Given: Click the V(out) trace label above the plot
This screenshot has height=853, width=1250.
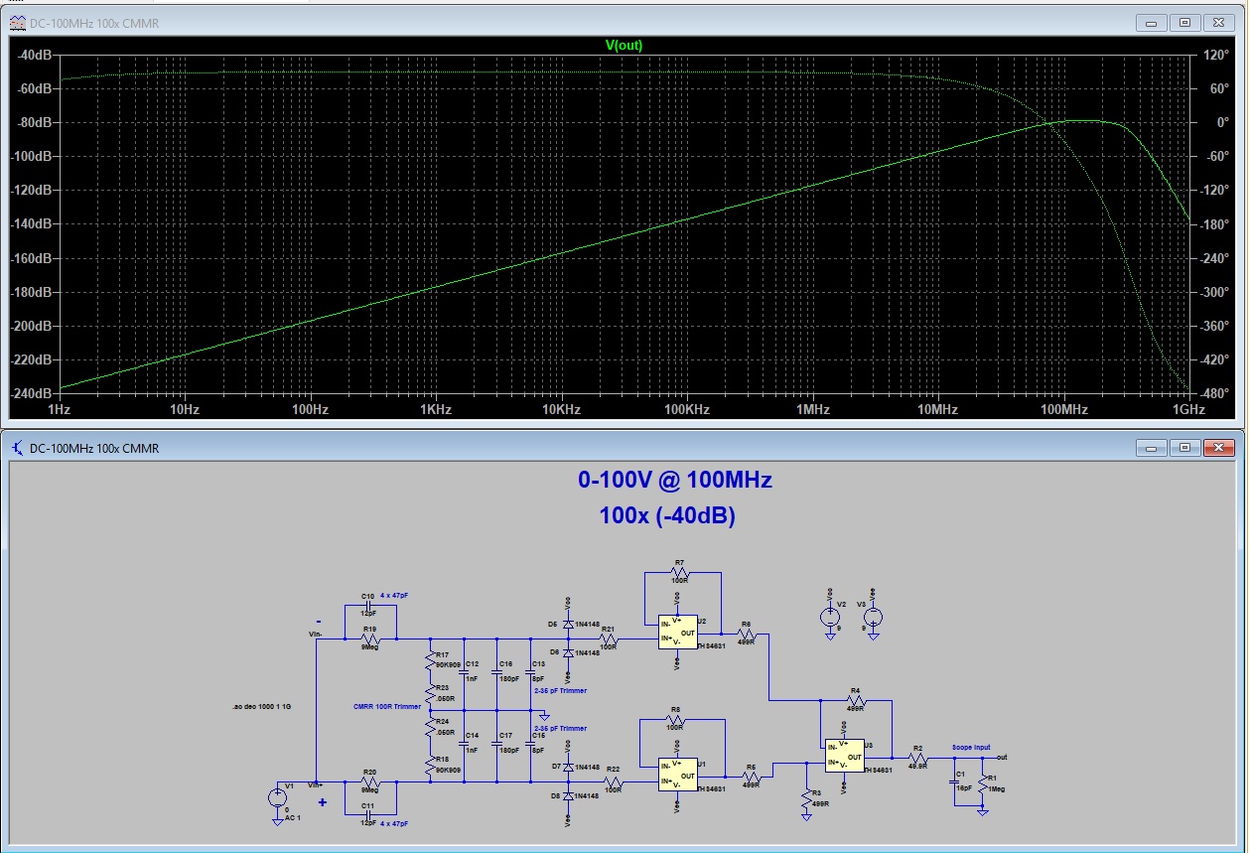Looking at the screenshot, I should [x=624, y=45].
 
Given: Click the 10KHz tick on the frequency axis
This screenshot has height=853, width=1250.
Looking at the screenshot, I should [x=560, y=409].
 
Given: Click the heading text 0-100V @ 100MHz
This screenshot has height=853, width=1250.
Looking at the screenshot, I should [x=675, y=481].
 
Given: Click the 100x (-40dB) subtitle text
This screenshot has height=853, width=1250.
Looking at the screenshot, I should [x=667, y=516].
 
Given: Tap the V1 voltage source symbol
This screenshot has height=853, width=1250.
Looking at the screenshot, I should [x=276, y=796].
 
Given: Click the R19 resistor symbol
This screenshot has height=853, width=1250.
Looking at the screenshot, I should [x=369, y=639].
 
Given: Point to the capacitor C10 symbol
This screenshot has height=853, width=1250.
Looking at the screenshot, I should [x=369, y=606].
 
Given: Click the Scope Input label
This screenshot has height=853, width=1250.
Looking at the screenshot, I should [x=971, y=747].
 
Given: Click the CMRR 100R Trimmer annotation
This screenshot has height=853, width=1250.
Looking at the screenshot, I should [x=387, y=706].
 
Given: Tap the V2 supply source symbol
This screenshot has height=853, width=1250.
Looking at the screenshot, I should [x=829, y=616].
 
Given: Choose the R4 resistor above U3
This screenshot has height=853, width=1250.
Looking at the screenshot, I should [x=855, y=701].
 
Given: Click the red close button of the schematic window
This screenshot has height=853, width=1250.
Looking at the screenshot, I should [x=1221, y=448].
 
